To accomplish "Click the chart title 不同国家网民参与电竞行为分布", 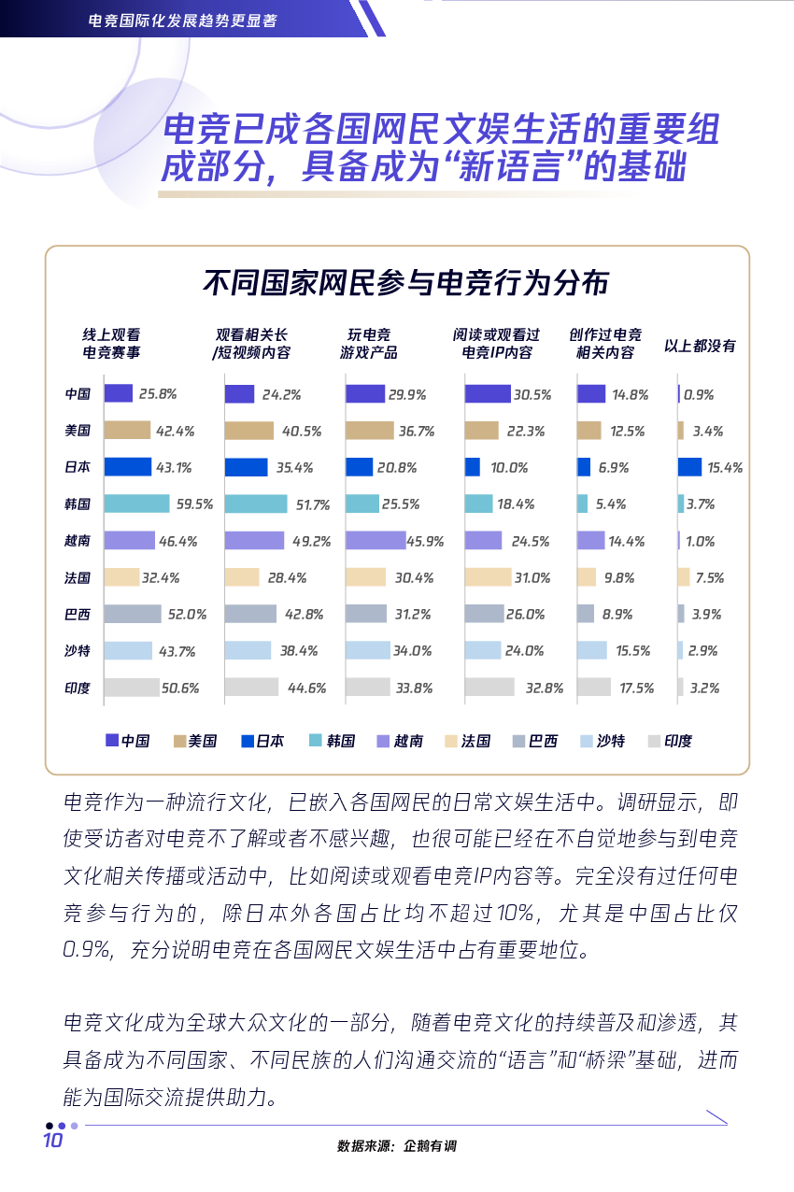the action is [405, 282].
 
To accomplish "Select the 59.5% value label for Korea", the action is [195, 504].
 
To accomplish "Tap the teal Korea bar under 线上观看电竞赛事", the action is [136, 504].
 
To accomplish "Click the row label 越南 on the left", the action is [78, 541].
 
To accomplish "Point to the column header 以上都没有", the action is [700, 346].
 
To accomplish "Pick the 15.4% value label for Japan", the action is [725, 468].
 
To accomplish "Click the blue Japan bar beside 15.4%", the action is [689, 467].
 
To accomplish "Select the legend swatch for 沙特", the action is [586, 741].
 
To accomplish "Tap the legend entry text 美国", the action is [202, 741].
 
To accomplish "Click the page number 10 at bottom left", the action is [52, 1141].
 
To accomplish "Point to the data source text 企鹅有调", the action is [430, 1145].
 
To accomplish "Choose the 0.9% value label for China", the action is [698, 395].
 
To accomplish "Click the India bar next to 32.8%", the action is [489, 687].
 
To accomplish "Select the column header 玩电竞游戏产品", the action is [369, 344].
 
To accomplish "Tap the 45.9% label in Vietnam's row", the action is [425, 542].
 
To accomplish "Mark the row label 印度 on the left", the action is [78, 688].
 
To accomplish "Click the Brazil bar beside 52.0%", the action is [133, 614].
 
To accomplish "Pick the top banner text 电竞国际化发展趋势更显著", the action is [182, 21].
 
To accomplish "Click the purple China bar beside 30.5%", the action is [488, 394].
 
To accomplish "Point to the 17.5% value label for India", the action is [636, 688].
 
